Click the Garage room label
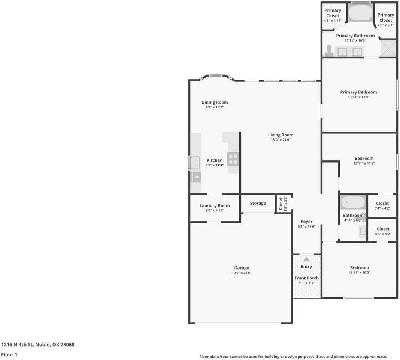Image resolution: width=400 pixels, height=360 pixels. (x=242, y=268)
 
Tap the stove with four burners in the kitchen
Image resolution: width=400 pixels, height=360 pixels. (x=233, y=159)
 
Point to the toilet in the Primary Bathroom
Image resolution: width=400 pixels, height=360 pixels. (x=329, y=51)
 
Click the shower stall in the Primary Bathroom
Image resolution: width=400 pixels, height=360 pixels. (x=388, y=49)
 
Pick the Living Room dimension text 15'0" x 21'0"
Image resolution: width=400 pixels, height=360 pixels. (x=281, y=140)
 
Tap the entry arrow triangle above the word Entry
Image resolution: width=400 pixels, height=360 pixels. (x=306, y=259)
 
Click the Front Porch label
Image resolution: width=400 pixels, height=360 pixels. (x=306, y=278)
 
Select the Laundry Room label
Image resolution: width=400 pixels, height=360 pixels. (x=215, y=205)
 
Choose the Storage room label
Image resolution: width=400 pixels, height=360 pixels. (x=258, y=203)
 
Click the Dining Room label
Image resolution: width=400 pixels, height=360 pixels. (x=215, y=102)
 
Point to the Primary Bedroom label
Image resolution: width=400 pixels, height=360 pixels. (x=358, y=92)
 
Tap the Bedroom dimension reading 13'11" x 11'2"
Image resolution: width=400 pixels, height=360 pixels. (x=364, y=163)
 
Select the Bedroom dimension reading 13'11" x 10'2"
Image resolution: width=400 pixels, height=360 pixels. (x=359, y=273)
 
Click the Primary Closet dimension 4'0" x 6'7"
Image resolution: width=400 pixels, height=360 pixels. (x=385, y=25)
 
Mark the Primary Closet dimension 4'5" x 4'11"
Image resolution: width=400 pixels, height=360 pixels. (x=333, y=21)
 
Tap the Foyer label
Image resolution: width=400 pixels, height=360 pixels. (x=306, y=222)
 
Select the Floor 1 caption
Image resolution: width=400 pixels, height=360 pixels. (x=9, y=354)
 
